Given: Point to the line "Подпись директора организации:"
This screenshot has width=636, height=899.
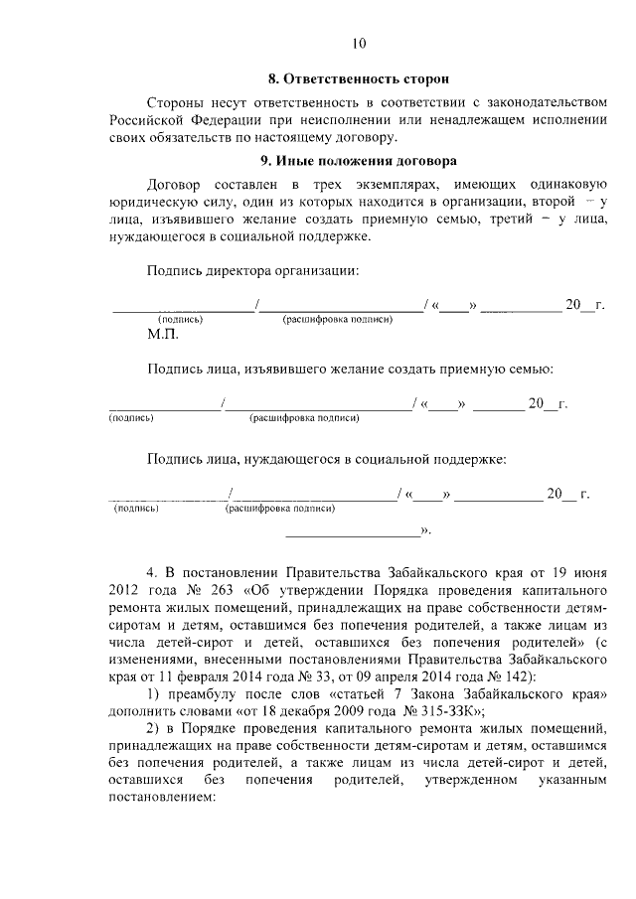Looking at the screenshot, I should click(x=253, y=269).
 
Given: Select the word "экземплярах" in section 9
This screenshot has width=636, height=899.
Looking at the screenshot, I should click(x=387, y=185).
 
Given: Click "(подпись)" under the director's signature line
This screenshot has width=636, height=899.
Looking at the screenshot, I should click(x=180, y=319).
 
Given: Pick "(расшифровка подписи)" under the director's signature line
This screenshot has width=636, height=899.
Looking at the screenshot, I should click(x=338, y=319).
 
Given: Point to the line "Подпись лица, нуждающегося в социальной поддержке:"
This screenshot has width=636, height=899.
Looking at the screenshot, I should click(x=327, y=459).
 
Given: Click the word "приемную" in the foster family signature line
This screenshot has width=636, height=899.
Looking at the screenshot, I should click(x=436, y=369).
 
